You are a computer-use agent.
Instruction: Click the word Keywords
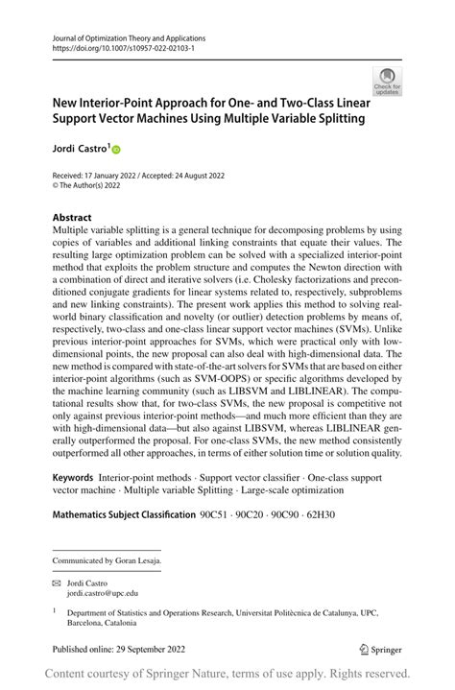pos(73,476)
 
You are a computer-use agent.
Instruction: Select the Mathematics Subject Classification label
pos(123,515)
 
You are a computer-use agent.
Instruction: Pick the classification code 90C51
pos(216,515)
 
